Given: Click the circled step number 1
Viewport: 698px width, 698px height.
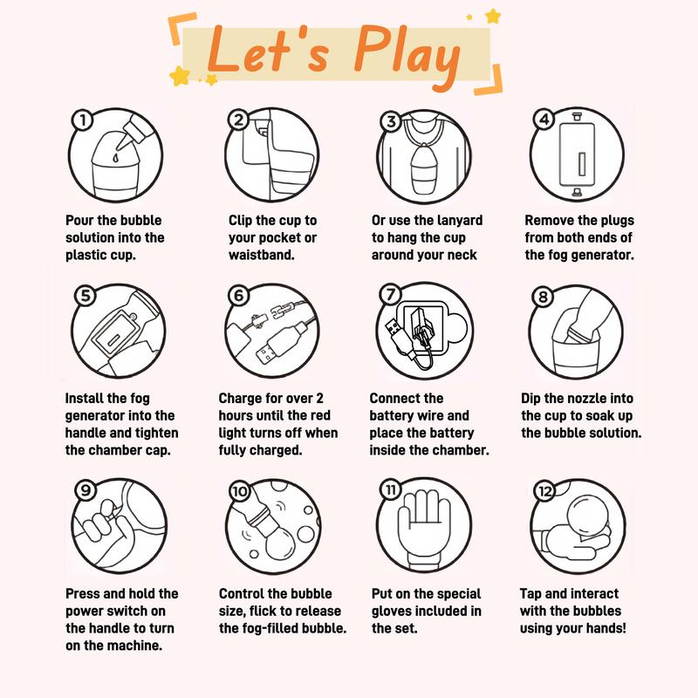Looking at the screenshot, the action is [82, 120].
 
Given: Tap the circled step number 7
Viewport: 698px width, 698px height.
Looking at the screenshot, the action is [390, 295].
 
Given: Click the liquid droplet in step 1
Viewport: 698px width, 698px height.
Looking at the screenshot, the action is [116, 158].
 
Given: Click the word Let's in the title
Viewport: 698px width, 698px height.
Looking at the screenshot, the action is [269, 49].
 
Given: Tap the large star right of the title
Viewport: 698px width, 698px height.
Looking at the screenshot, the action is [493, 17].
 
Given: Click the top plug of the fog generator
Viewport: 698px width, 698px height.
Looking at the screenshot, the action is [577, 117].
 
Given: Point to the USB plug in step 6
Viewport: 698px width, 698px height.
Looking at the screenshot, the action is [281, 344].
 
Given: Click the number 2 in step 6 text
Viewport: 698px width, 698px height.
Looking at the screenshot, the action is [319, 398].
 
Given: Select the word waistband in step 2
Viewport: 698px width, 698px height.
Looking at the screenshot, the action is [261, 255].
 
